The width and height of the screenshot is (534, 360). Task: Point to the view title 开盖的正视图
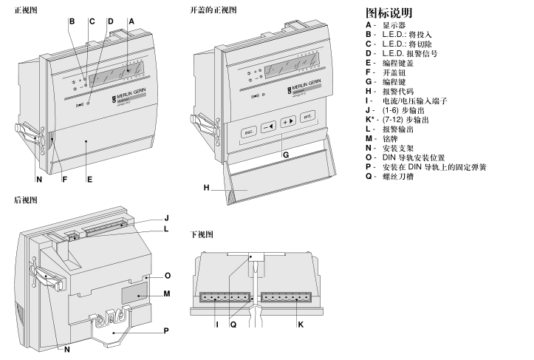213,10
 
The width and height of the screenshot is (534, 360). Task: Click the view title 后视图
25,200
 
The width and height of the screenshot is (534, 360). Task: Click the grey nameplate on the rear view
133,291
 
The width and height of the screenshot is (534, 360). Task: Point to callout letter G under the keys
285,155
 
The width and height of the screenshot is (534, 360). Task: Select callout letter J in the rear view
167,218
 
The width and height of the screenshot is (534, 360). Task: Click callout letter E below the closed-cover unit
89,180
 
